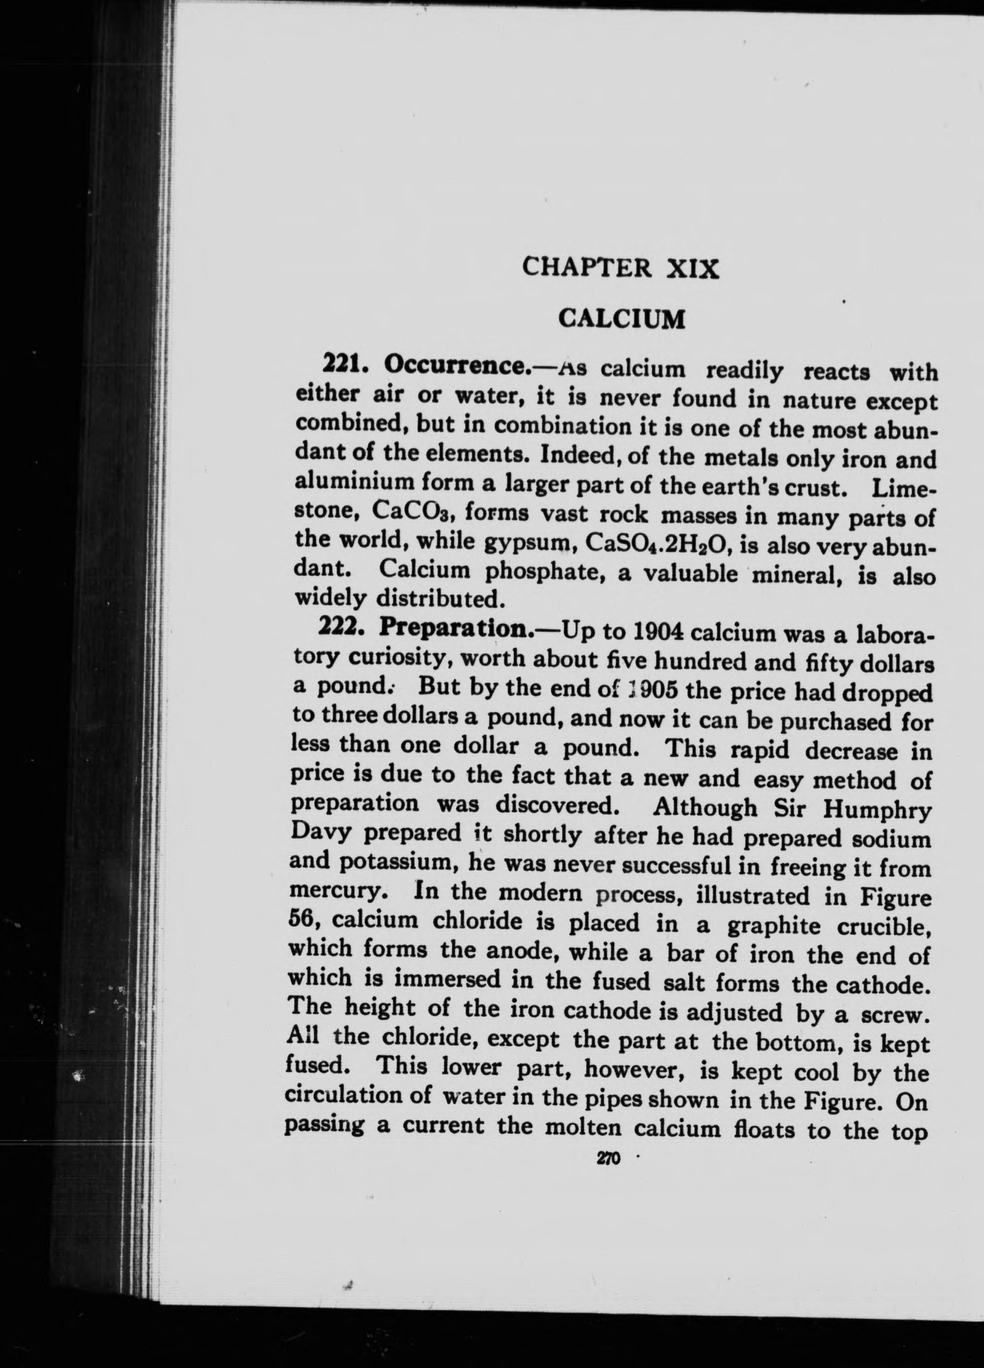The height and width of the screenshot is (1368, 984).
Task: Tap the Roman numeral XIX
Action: (692, 267)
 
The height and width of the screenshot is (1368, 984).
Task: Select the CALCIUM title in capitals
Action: (622, 318)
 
